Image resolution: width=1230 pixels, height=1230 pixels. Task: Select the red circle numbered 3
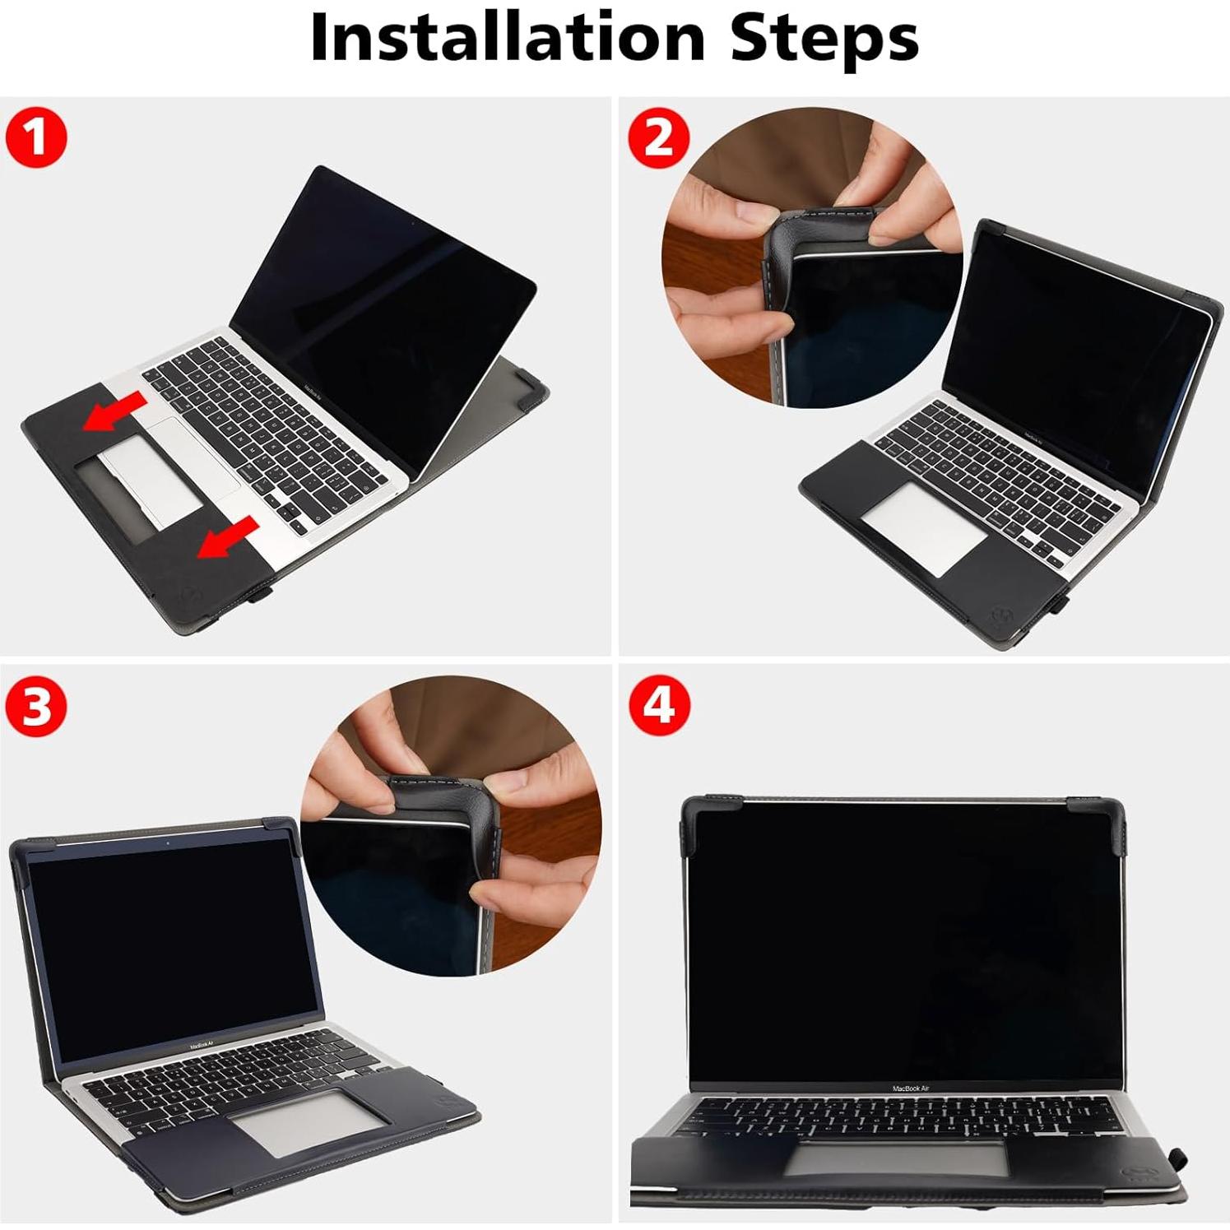point(35,706)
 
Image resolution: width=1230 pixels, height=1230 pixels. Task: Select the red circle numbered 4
point(658,706)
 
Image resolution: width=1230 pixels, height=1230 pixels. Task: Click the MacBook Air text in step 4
point(910,1088)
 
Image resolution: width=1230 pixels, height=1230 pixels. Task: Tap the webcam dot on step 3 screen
point(168,843)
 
